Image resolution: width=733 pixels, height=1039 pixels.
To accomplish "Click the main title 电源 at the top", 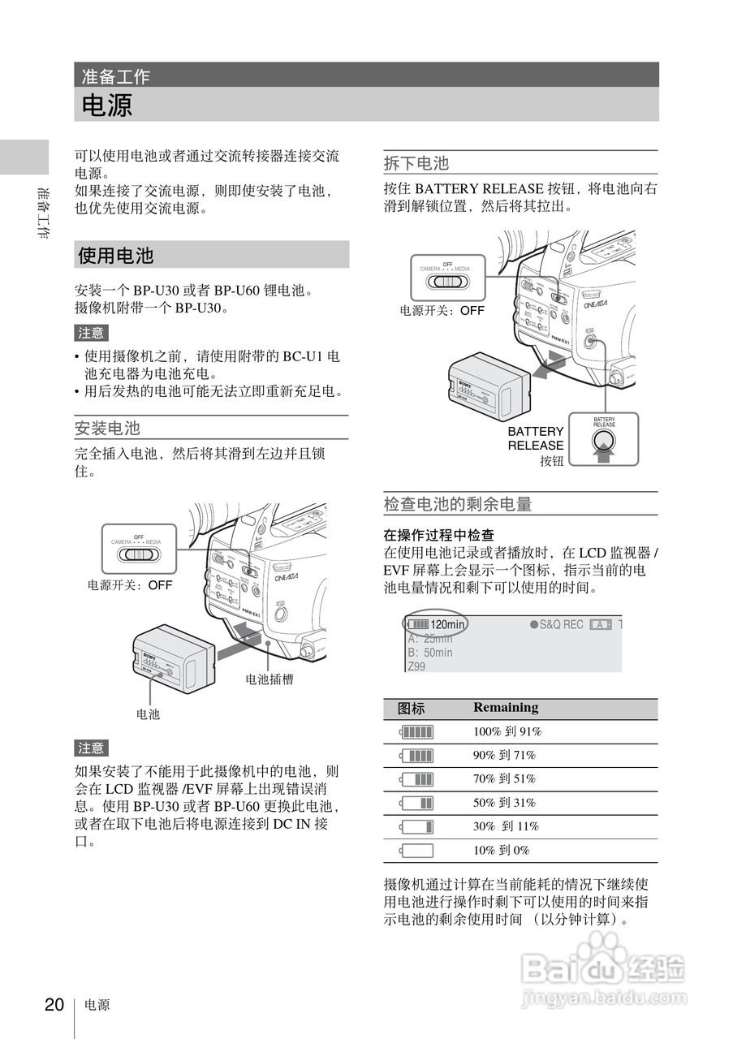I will (x=106, y=106).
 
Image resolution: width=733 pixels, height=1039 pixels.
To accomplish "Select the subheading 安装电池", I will (x=107, y=428).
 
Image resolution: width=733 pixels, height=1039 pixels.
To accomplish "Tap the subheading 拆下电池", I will (x=416, y=163).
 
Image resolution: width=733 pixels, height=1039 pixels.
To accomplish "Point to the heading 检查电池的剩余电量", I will (x=458, y=504).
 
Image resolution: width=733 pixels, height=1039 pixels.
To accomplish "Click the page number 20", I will (x=54, y=1005).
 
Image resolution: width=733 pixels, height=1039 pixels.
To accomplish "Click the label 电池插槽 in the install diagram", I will (x=269, y=679).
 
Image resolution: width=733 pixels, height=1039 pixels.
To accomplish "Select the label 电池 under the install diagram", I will (x=148, y=714).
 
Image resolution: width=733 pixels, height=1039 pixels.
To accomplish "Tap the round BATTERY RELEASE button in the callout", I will (x=604, y=440).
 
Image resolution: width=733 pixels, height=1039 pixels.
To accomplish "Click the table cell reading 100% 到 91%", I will (x=507, y=731).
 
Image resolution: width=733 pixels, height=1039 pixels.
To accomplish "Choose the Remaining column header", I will (x=506, y=707).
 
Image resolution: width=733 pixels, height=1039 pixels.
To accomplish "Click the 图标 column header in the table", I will (x=412, y=708).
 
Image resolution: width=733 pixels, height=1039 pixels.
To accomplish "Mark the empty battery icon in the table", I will (x=416, y=851).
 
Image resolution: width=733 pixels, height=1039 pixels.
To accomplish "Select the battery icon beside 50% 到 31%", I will (x=416, y=803).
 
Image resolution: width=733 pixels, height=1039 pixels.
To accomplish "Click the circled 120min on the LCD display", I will (x=437, y=624).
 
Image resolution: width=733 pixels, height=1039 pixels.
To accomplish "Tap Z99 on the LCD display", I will (x=416, y=666).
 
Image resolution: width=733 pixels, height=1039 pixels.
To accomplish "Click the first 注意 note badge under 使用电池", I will (x=91, y=333).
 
